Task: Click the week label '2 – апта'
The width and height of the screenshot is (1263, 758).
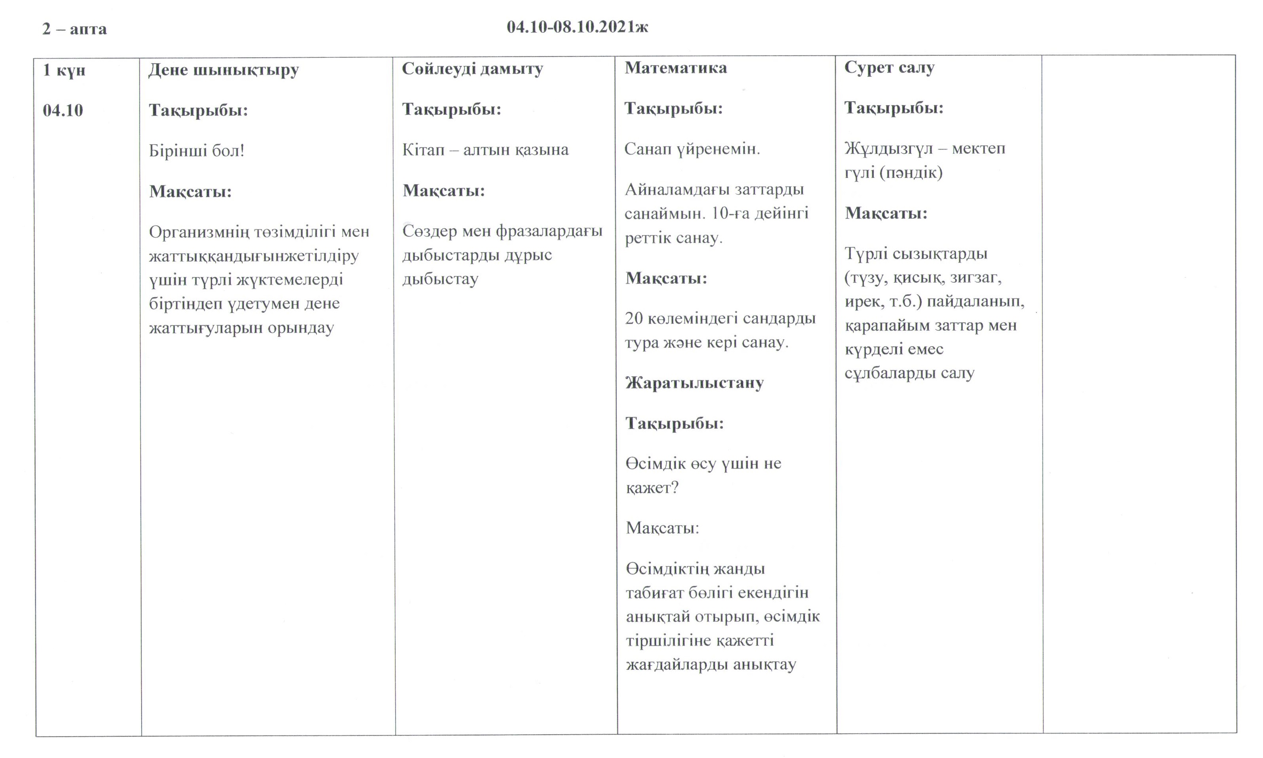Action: (75, 29)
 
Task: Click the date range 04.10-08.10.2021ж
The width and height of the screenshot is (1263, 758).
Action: (578, 27)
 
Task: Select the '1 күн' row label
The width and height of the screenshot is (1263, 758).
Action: (64, 70)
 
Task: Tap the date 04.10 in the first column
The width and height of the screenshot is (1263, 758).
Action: (63, 110)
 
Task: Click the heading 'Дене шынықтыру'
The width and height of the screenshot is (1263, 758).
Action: (224, 70)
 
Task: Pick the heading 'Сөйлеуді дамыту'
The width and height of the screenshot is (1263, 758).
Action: (472, 69)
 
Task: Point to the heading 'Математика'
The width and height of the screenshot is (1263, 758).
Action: (676, 68)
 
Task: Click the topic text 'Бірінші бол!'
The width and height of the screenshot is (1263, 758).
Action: (197, 151)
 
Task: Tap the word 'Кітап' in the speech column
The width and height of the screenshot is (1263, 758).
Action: (424, 149)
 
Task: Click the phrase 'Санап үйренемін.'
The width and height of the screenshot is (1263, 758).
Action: (692, 149)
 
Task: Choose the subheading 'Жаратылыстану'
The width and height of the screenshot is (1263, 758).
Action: (694, 383)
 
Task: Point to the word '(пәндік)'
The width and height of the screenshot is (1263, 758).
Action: (911, 173)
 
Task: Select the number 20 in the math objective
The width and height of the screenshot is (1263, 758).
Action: (634, 318)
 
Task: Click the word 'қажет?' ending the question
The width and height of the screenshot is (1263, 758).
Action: (652, 488)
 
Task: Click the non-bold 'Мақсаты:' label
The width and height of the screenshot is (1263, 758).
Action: (662, 527)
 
